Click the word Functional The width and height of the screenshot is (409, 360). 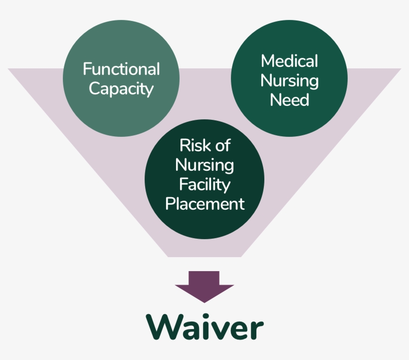[121, 69]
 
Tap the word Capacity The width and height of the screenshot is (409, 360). [121, 89]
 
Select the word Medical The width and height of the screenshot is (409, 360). [289, 61]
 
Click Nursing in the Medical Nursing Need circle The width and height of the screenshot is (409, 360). [289, 80]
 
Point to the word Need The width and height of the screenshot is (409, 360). [289, 100]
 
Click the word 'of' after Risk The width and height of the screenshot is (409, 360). [222, 146]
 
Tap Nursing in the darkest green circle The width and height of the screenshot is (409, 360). [204, 165]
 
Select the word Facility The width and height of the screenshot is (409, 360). [204, 185]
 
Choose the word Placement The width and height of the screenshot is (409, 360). [204, 204]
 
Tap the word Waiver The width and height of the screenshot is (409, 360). [204, 327]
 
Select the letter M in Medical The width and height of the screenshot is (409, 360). [268, 61]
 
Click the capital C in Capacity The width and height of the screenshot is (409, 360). [94, 89]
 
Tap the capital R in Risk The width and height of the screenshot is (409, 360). [184, 146]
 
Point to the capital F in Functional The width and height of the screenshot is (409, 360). [87, 69]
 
